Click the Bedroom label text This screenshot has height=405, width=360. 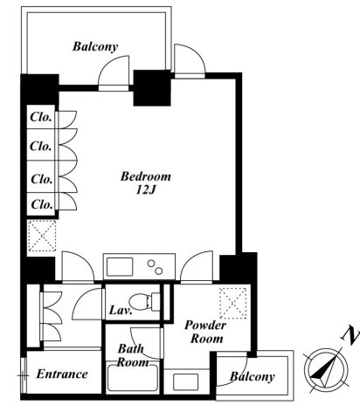(146, 176)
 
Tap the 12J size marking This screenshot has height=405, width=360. (146, 189)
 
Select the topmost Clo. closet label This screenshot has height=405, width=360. (41, 117)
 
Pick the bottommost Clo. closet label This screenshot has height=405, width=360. (42, 204)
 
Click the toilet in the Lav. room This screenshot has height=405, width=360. (144, 301)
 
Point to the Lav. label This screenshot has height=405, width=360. (121, 310)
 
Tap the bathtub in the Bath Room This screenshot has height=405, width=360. (133, 377)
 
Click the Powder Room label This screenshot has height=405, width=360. (205, 332)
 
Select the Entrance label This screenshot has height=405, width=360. (62, 374)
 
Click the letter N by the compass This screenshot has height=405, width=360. (350, 336)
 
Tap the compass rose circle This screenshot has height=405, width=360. (326, 369)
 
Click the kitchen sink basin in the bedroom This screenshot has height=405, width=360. (120, 267)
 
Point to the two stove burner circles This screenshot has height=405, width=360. (155, 267)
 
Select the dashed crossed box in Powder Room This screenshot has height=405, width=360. (232, 303)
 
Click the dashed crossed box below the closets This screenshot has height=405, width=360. (43, 236)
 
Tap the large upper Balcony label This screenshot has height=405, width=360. (95, 46)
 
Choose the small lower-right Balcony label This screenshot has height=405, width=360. (253, 376)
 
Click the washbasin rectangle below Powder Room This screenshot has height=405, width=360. (185, 381)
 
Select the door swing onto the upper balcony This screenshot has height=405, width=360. (114, 73)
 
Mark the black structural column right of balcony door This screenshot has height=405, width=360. (152, 88)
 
